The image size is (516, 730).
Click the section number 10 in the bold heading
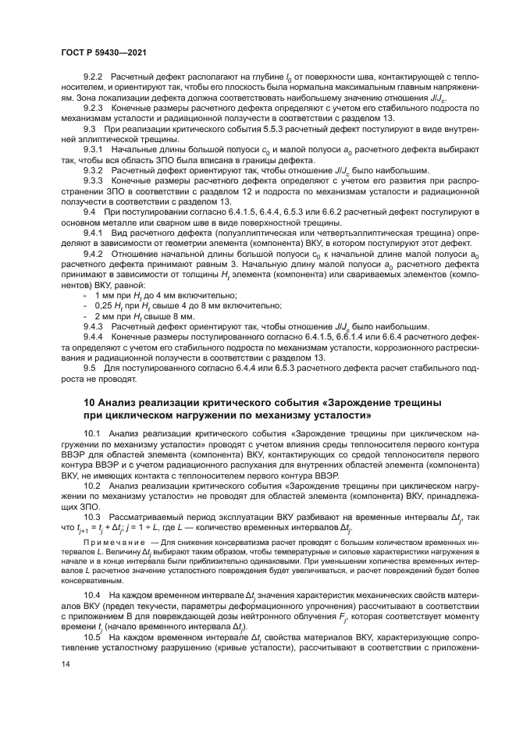point(88,401)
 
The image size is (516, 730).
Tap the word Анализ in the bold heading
point(119,401)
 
